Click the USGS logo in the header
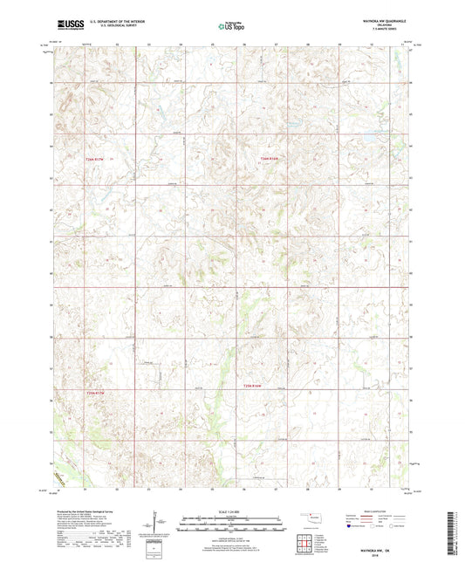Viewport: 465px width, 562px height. tap(65, 26)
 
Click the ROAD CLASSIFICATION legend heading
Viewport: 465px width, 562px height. tap(380, 512)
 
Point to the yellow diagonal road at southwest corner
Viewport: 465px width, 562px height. tap(61, 479)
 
